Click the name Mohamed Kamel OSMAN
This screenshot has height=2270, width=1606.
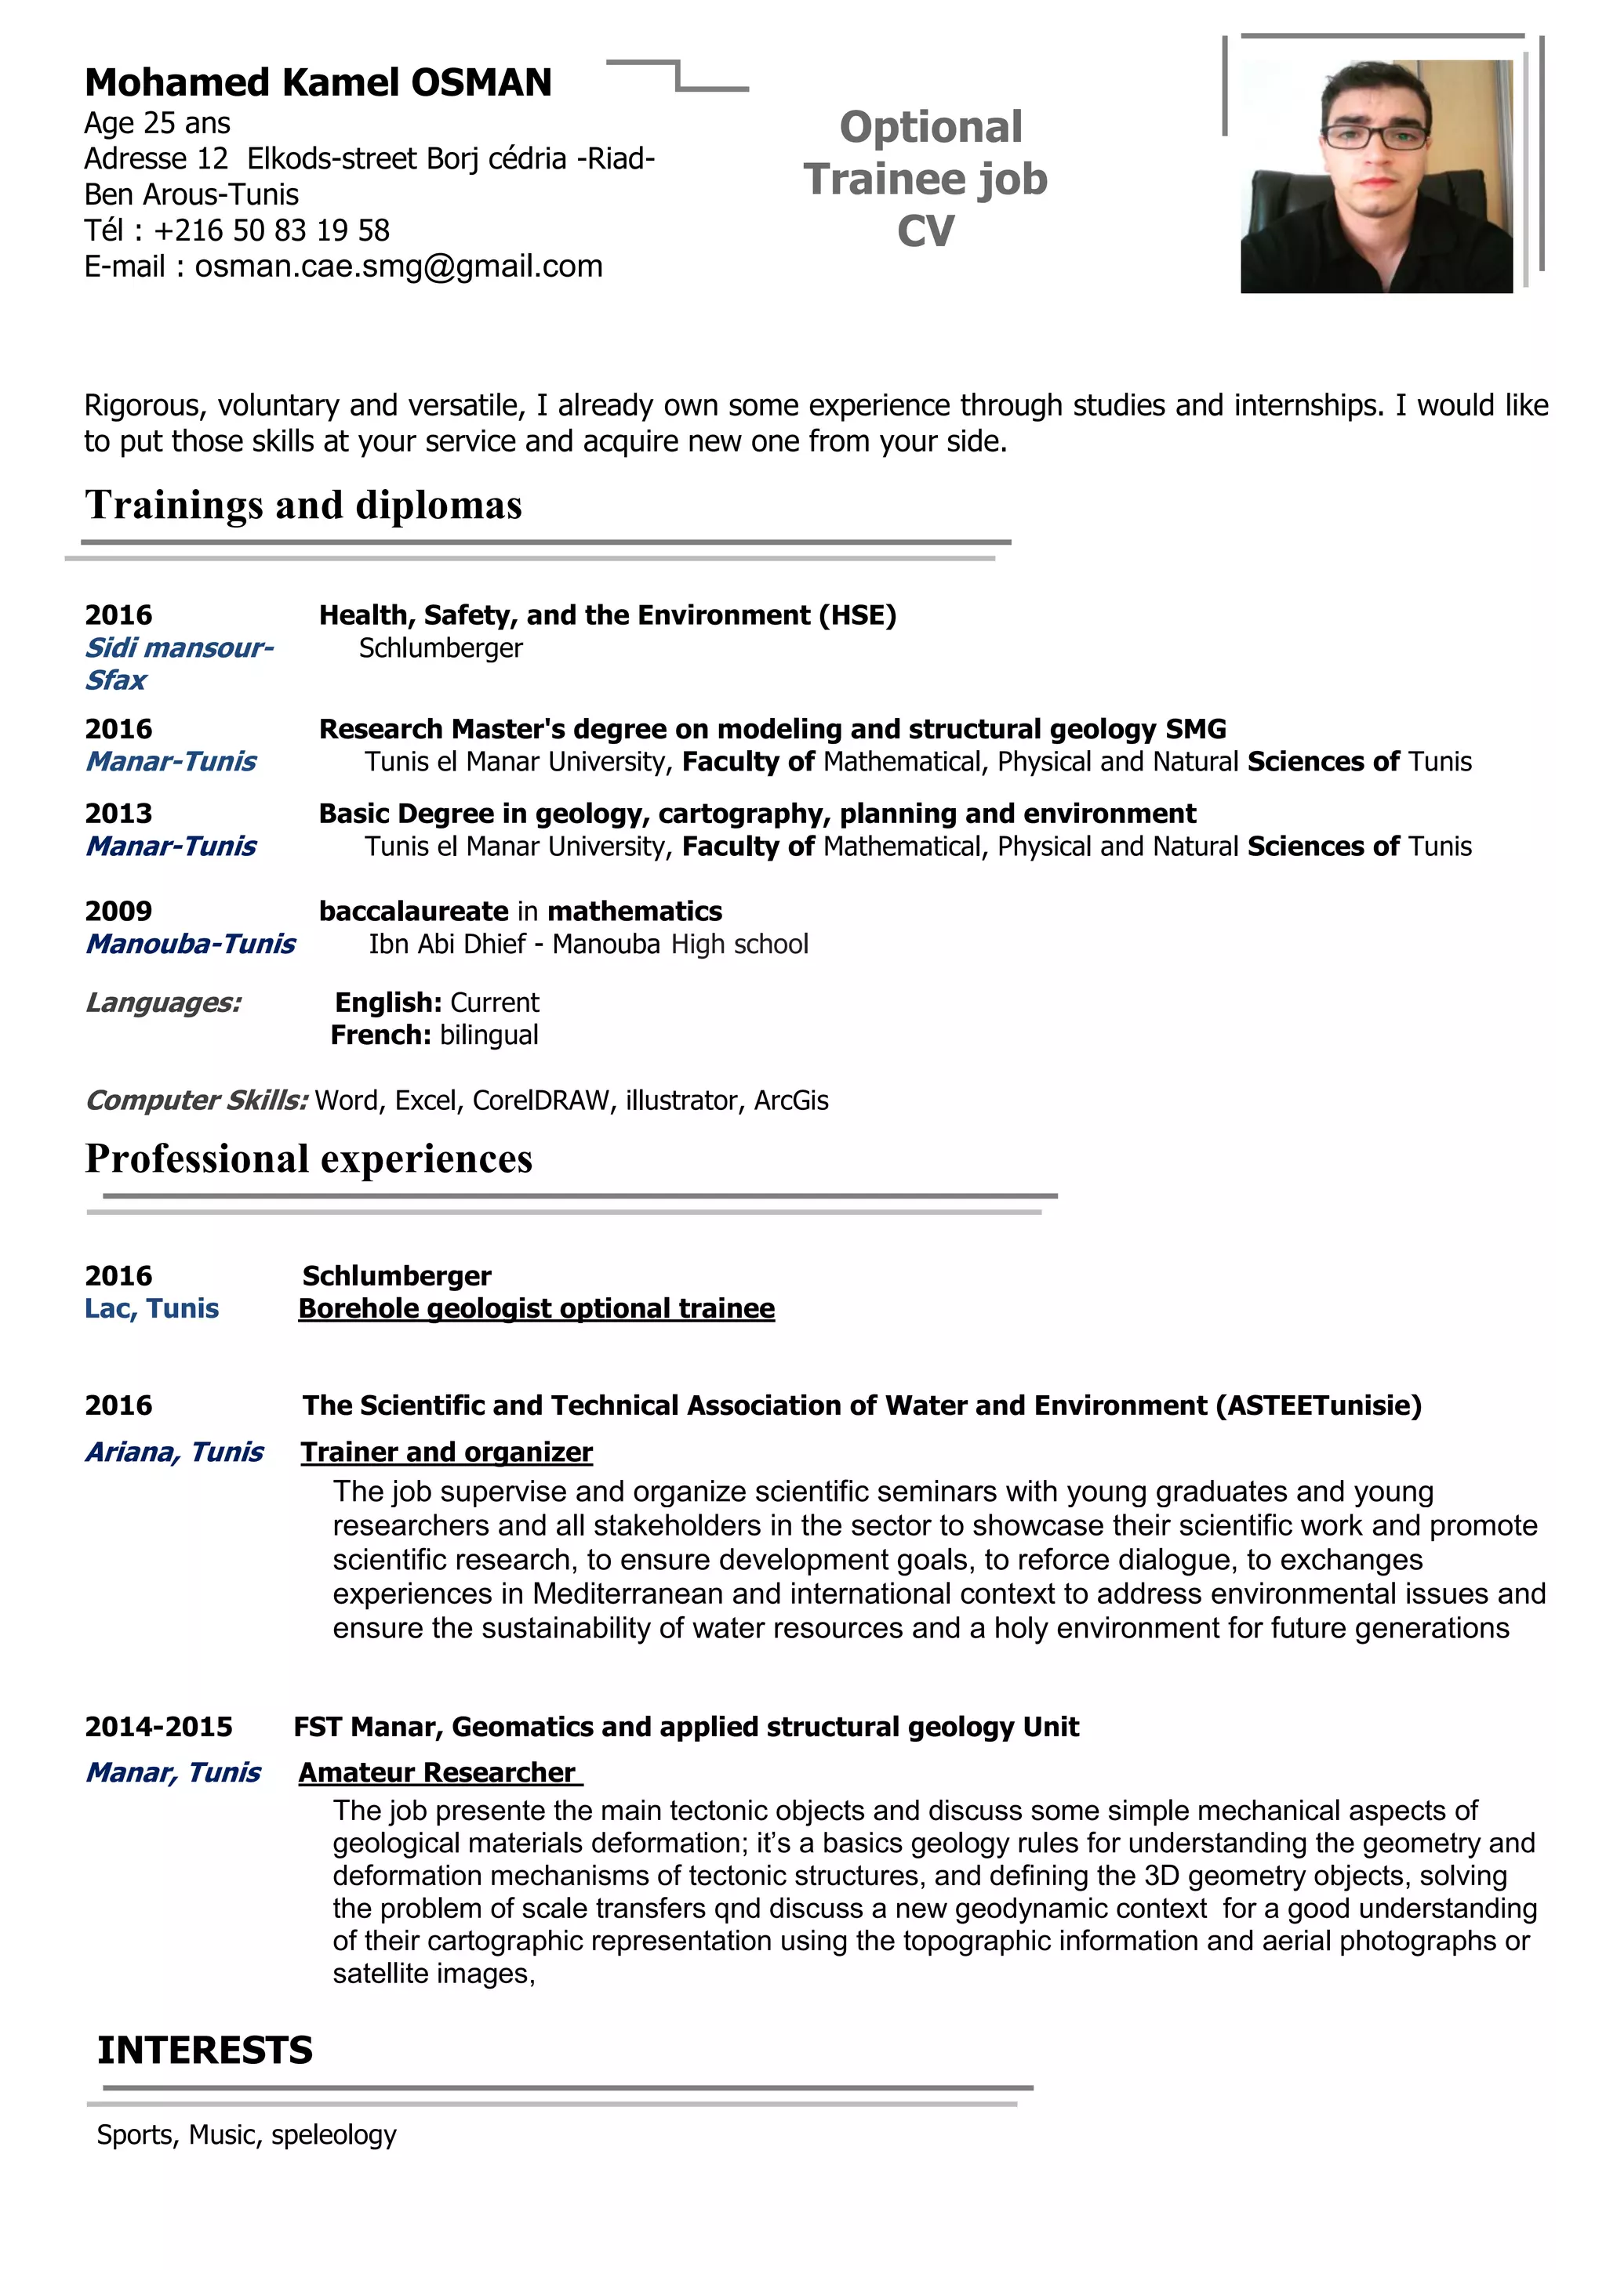[318, 83]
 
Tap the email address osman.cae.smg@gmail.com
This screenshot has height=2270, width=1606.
[398, 267]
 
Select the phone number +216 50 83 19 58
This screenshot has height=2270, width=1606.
[272, 230]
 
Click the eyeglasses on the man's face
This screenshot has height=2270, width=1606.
[1375, 136]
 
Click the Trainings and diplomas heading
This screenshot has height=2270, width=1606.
[303, 506]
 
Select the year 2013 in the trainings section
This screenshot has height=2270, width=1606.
[118, 814]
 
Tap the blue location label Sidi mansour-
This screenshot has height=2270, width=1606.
[179, 648]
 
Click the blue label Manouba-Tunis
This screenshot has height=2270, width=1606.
[190, 945]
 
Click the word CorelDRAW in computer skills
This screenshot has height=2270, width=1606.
[540, 1101]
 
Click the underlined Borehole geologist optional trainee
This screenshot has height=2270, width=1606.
[536, 1309]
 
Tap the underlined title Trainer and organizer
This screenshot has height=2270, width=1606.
[446, 1452]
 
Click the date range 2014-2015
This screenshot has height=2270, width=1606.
[158, 1728]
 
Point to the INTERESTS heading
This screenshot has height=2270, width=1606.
[205, 2051]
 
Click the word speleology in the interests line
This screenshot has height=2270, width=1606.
[333, 2134]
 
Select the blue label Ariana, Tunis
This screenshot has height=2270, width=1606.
[174, 1452]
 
